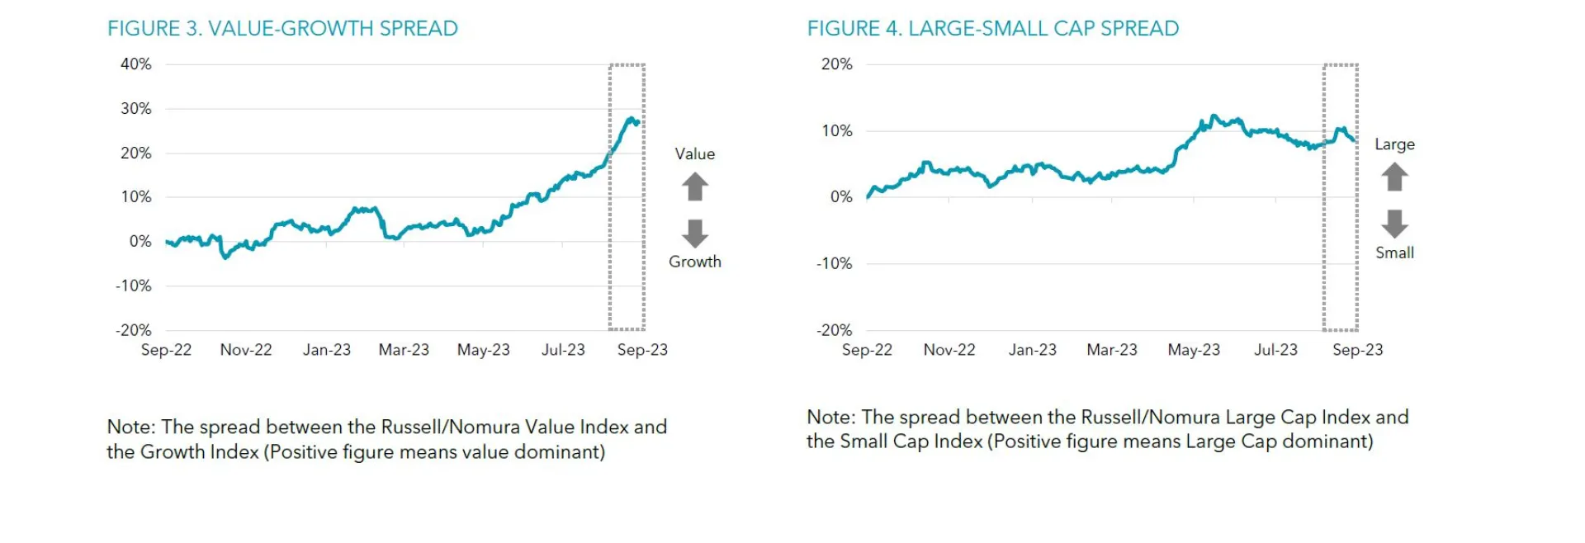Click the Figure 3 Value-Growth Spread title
tap(282, 29)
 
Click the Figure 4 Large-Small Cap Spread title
tap(992, 29)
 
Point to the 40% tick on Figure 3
tap(136, 64)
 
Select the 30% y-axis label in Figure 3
tap(136, 109)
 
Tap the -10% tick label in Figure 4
tap(835, 264)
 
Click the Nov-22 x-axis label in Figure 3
tap(246, 350)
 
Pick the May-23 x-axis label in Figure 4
tap(1194, 350)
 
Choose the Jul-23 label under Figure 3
tap(563, 350)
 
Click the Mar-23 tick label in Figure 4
tap(1112, 350)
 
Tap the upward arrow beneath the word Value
tap(695, 187)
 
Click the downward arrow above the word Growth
tap(695, 233)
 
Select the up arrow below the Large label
tap(1394, 177)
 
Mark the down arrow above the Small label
tap(1394, 223)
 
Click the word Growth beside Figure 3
tap(695, 262)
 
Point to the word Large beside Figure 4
tap(1394, 144)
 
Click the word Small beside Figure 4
tap(1394, 253)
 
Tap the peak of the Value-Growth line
tap(632, 119)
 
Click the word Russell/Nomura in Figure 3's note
tap(443, 427)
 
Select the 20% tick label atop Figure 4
tap(836, 64)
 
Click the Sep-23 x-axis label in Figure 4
tap(1357, 350)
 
